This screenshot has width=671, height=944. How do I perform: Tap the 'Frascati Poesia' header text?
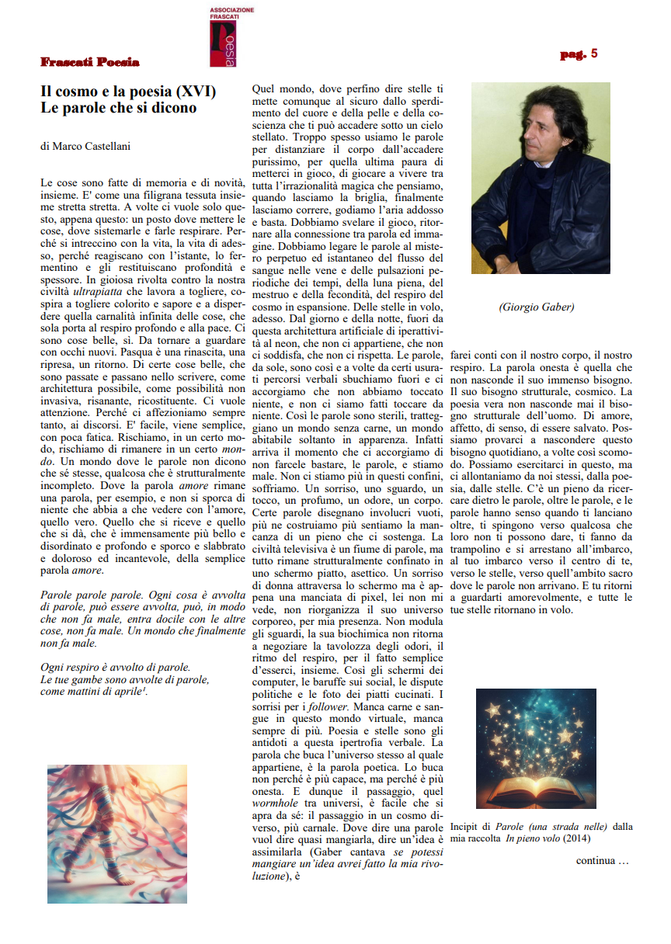pos(90,61)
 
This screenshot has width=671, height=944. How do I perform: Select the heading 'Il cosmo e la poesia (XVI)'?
pos(128,92)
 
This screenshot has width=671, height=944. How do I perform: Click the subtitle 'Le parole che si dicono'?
pos(119,108)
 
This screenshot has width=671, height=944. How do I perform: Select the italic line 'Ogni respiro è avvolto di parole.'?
pos(115,667)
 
